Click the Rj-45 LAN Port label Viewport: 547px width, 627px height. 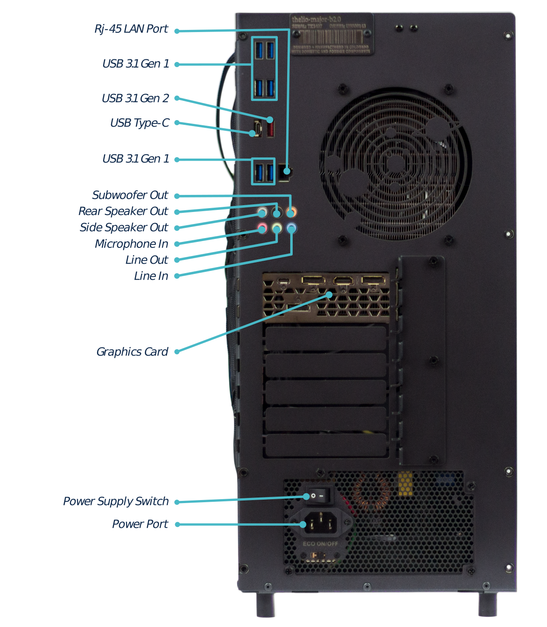[131, 29]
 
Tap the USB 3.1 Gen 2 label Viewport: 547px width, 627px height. [135, 98]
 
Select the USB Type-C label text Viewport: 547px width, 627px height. [139, 123]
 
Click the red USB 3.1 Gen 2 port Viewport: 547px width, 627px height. [271, 128]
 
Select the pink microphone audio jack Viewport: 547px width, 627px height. [262, 227]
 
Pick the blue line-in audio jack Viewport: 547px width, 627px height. [291, 227]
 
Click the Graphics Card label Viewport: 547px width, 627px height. [132, 352]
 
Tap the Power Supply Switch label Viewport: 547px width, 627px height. [116, 501]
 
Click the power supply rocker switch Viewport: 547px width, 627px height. [320, 496]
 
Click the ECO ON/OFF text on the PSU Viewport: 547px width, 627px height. [320, 544]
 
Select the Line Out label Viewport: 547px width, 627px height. [147, 260]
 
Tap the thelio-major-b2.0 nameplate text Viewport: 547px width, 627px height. [316, 19]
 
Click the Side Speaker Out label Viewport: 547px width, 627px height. [124, 227]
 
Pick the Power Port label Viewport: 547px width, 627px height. [140, 524]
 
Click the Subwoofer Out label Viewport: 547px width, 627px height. [130, 195]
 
